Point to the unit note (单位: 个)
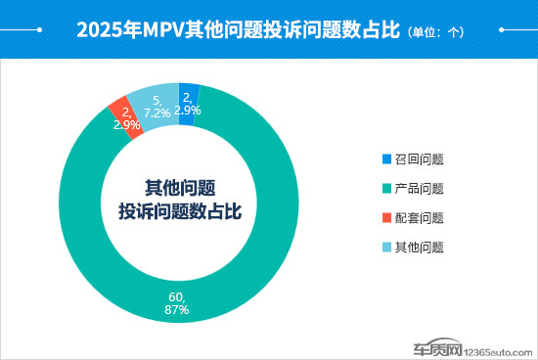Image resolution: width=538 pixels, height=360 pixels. click(436, 31)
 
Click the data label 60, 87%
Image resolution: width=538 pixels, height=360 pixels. click(177, 302)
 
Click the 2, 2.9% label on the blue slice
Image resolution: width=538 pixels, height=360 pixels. click(190, 104)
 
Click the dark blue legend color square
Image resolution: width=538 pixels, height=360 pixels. click(386, 158)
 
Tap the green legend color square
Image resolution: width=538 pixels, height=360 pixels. click(386, 188)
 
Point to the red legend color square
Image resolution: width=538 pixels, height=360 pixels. click(386, 217)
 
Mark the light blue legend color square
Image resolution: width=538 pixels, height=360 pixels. click(386, 247)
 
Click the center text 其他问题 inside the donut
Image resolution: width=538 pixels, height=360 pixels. click(180, 188)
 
